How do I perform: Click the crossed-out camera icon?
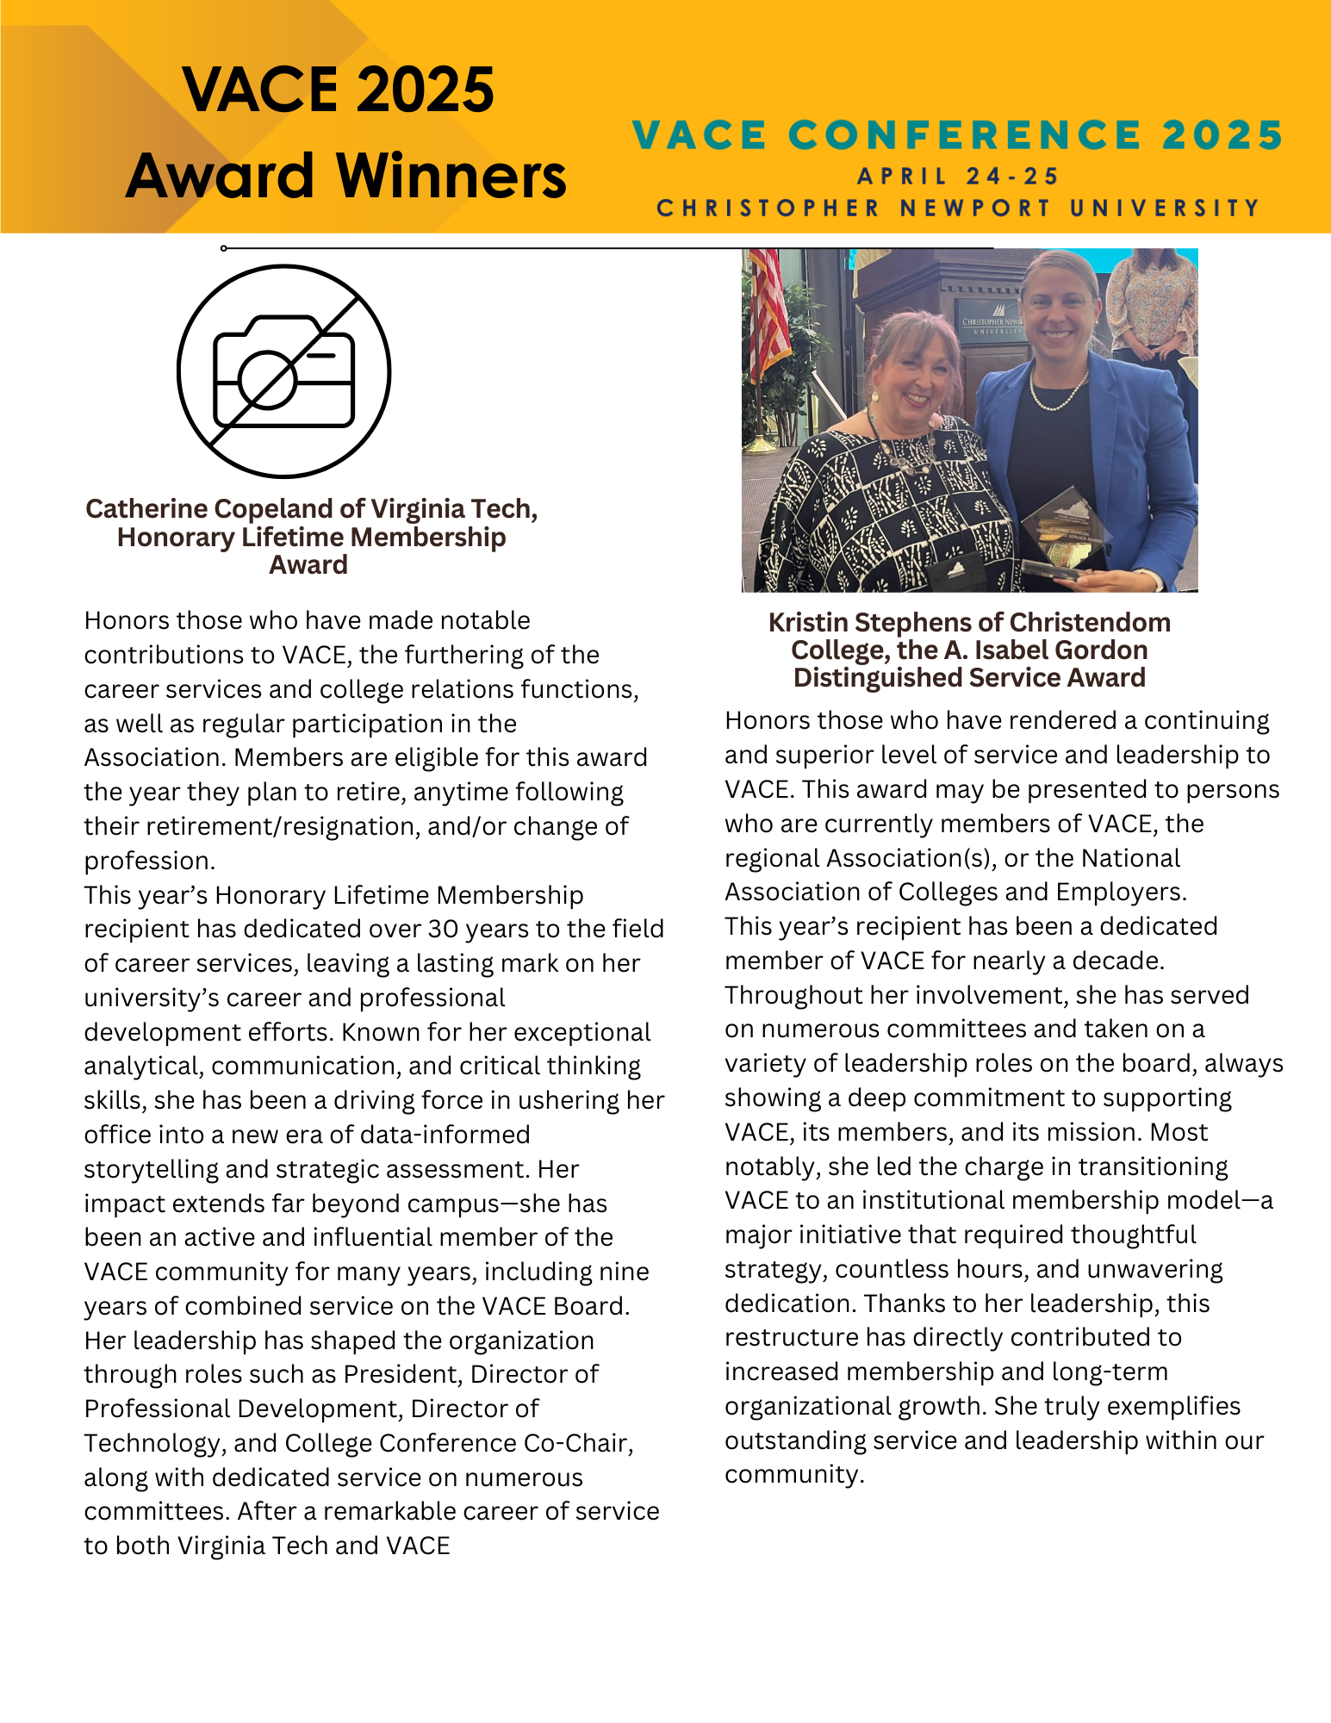tap(283, 371)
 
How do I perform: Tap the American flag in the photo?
tap(768, 310)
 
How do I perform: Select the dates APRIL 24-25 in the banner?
tap(959, 177)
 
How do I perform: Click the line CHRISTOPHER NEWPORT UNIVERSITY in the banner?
tap(959, 208)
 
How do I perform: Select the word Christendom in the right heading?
tap(1090, 623)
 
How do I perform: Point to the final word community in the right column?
tap(793, 1475)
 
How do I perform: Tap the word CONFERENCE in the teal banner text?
tap(965, 135)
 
